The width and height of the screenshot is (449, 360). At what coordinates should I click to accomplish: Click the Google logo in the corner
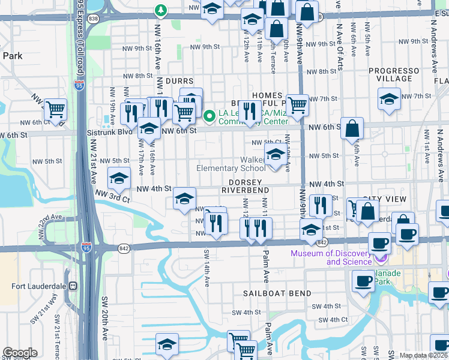pyautogui.click(x=20, y=353)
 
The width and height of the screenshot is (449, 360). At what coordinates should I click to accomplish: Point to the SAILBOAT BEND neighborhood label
pyautogui.click(x=277, y=293)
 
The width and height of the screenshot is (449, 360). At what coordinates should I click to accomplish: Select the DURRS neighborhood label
pyautogui.click(x=179, y=81)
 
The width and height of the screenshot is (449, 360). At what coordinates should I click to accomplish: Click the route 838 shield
pyautogui.click(x=93, y=19)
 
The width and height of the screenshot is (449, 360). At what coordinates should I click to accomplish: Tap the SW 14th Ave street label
pyautogui.click(x=206, y=266)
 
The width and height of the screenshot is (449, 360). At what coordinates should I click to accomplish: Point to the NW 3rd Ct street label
pyautogui.click(x=113, y=196)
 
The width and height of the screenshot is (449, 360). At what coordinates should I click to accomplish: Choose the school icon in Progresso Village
pyautogui.click(x=389, y=99)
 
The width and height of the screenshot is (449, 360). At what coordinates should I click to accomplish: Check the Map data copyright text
pyautogui.click(x=424, y=355)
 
